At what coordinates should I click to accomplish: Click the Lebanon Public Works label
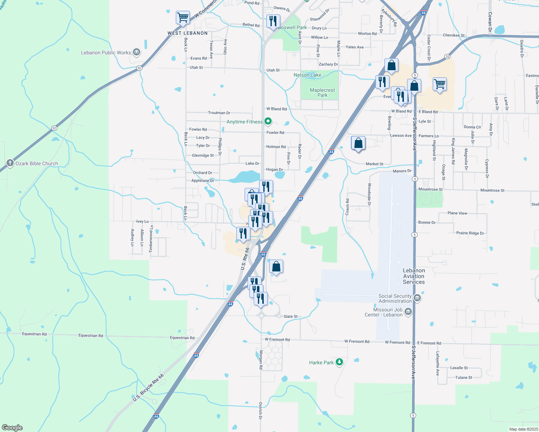click(106, 53)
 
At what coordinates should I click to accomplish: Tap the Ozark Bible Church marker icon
click(10, 163)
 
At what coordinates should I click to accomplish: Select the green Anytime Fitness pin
click(268, 122)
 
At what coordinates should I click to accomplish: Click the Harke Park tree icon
click(339, 362)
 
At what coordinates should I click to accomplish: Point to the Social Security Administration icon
click(417, 298)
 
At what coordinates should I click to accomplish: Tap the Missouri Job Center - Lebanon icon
click(408, 312)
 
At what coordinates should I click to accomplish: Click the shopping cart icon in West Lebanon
click(183, 17)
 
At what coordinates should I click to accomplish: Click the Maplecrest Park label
click(322, 93)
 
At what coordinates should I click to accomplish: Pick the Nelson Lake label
click(307, 75)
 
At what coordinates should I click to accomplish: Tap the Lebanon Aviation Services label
click(414, 276)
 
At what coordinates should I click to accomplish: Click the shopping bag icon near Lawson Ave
click(358, 143)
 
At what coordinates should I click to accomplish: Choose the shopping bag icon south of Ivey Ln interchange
click(276, 266)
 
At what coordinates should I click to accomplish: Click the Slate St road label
click(290, 316)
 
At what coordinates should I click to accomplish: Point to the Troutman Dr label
click(219, 113)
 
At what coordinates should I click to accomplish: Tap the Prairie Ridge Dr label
click(470, 233)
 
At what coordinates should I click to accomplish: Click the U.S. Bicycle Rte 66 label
click(148, 388)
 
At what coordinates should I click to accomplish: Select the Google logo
click(12, 427)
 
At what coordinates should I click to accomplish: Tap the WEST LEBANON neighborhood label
click(187, 33)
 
